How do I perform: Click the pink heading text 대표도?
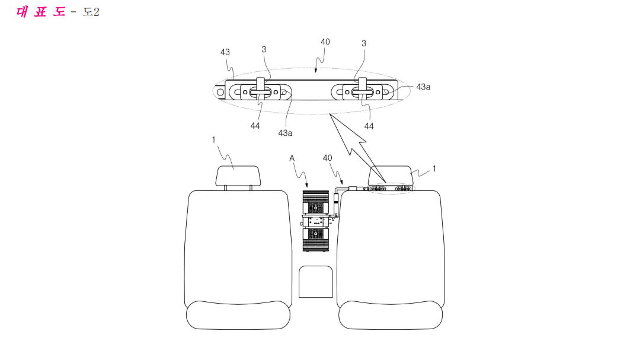pyautogui.click(x=40, y=12)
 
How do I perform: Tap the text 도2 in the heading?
pyautogui.click(x=91, y=12)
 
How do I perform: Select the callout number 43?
pyautogui.click(x=225, y=52)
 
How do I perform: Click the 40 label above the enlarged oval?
pyautogui.click(x=325, y=42)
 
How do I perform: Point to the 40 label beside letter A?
pyautogui.click(x=328, y=158)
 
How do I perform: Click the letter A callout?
pyautogui.click(x=292, y=158)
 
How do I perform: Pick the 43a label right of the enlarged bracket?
pyautogui.click(x=423, y=87)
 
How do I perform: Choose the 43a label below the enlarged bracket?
pyautogui.click(x=285, y=133)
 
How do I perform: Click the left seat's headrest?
pyautogui.click(x=238, y=176)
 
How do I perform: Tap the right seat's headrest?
pyautogui.click(x=391, y=175)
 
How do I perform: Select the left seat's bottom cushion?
pyautogui.click(x=238, y=315)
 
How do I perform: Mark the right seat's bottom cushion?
pyautogui.click(x=391, y=315)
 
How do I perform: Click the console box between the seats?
pyautogui.click(x=316, y=282)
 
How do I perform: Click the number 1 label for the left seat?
pyautogui.click(x=214, y=139)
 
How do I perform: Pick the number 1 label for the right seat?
pyautogui.click(x=434, y=168)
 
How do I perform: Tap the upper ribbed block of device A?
pyautogui.click(x=316, y=203)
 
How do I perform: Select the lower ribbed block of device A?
pyautogui.click(x=316, y=240)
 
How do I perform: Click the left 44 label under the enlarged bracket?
pyautogui.click(x=255, y=126)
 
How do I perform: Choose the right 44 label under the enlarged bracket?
pyautogui.click(x=369, y=126)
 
